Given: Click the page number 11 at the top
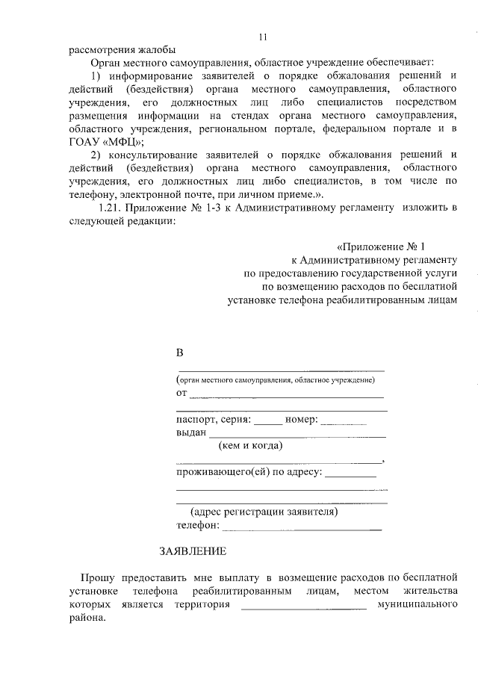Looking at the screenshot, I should pos(262,37).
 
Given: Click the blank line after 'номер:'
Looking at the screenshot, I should pos(344,423).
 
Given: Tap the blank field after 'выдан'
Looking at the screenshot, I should pos(297,434).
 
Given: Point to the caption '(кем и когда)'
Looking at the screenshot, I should pos(250,446).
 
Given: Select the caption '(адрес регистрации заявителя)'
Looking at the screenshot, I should pos(264,512).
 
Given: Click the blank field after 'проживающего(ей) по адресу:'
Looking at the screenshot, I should pos(351,474).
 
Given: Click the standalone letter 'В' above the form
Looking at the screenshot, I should pos(179,352).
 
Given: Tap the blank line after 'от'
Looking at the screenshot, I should pos(287,396).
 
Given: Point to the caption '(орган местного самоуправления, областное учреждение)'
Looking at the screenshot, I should pos(275,380).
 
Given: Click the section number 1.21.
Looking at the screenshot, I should pos(111,209).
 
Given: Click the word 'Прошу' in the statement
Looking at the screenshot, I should pos(98,578).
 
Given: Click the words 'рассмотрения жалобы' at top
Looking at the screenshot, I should pos(112,51).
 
